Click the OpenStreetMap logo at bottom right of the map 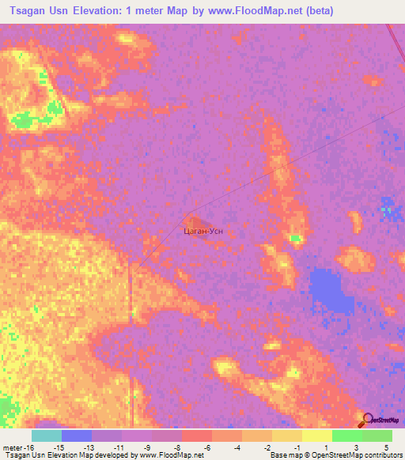379,420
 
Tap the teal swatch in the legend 47,435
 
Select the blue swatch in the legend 77,435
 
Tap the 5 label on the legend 387,447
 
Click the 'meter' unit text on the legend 15,447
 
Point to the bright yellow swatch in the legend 317,435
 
